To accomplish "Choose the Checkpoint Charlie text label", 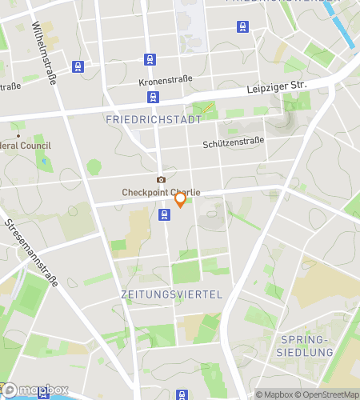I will pyautogui.click(x=160, y=192).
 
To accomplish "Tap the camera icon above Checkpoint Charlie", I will pyautogui.click(x=161, y=179).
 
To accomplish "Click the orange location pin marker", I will pyautogui.click(x=181, y=198).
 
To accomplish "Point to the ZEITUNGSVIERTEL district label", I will pyautogui.click(x=170, y=294).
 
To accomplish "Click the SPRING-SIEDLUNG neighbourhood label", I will pyautogui.click(x=305, y=345).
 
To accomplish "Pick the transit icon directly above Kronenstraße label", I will pyautogui.click(x=150, y=59).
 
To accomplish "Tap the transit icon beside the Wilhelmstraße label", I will pyautogui.click(x=77, y=66).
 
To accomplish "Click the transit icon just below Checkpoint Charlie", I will pyautogui.click(x=164, y=214).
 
